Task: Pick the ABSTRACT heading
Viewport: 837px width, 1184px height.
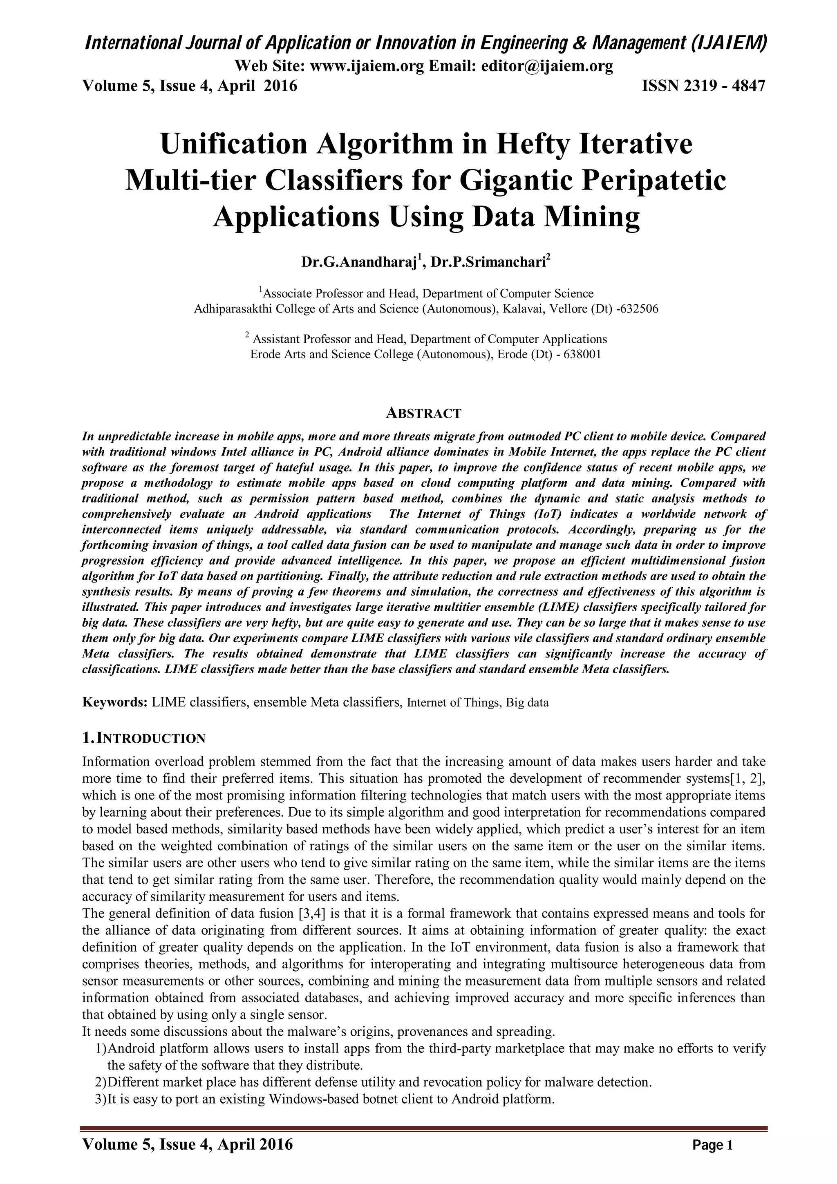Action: [423, 413]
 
